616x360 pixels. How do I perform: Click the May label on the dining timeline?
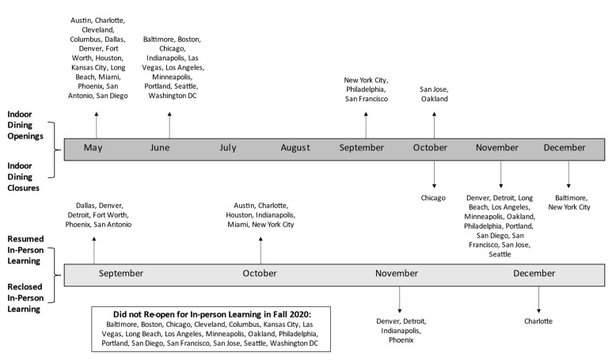point(93,148)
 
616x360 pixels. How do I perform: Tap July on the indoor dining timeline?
point(228,148)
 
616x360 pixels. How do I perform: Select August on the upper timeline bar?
point(295,148)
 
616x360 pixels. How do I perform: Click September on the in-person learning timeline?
point(120,274)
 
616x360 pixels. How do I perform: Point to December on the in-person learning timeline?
point(534,273)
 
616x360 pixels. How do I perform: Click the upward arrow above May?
point(97,125)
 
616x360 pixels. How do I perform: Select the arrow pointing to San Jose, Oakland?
point(434,125)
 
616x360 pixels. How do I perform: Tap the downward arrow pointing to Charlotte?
point(538,300)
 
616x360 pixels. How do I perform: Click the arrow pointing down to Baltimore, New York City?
point(568,174)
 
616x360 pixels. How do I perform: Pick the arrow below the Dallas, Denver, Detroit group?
point(94,251)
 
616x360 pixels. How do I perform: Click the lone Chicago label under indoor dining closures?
point(433,198)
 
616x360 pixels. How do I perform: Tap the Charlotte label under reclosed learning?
point(538,321)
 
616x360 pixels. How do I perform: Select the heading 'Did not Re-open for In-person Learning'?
point(211,314)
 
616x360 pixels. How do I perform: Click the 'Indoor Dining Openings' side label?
point(25,125)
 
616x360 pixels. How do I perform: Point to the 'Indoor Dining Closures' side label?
point(23,177)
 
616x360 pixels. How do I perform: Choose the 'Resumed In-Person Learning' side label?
point(25,250)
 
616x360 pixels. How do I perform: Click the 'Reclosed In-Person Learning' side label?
point(25,298)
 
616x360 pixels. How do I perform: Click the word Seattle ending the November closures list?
point(500,255)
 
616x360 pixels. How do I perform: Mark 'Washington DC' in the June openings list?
point(173,96)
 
